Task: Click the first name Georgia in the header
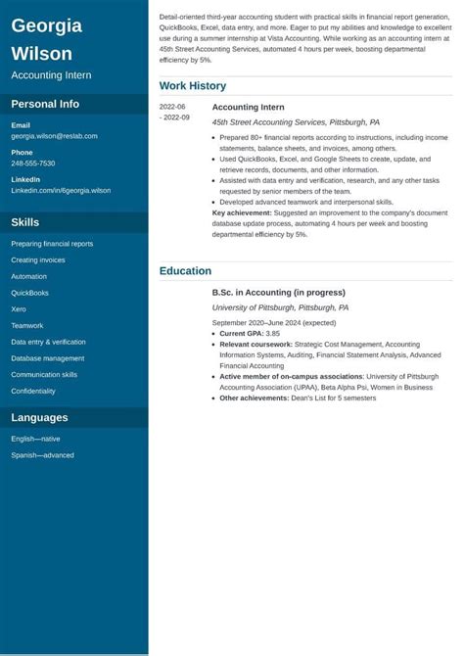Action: coord(46,25)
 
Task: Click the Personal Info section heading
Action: coord(45,104)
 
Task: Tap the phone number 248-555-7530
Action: coord(33,164)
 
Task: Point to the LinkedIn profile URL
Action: coord(61,191)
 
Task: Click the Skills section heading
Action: coord(25,222)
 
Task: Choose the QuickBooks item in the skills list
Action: coord(29,293)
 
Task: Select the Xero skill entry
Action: coord(19,309)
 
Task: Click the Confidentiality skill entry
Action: coord(33,391)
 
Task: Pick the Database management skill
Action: coord(48,358)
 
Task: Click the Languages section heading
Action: coord(39,418)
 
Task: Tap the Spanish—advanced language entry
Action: coord(42,454)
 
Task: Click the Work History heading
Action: coord(193,86)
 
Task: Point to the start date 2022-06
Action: coord(173,107)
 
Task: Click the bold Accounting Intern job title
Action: coord(249,107)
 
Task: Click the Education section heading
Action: coord(185,271)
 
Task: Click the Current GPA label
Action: coord(242,334)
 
